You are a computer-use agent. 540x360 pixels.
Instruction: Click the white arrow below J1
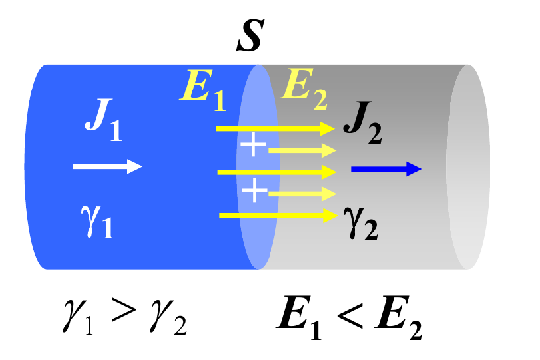click(x=107, y=166)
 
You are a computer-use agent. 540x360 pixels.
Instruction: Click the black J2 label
click(x=367, y=123)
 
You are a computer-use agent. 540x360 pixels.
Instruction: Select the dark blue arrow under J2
click(x=387, y=169)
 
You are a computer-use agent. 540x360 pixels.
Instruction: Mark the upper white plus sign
click(x=255, y=146)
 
